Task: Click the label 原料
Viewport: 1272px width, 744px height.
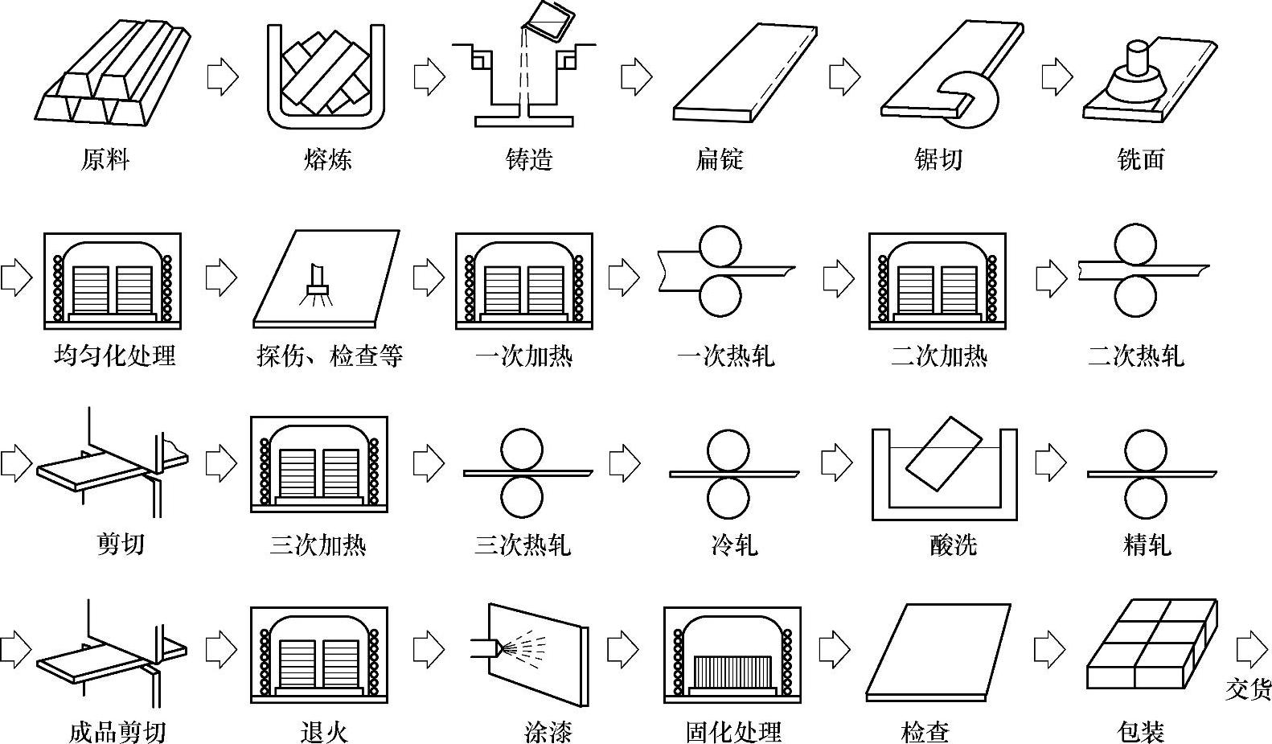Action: click(105, 159)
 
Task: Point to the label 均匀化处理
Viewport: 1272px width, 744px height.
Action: click(114, 355)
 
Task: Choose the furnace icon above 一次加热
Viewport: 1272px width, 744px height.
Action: click(523, 281)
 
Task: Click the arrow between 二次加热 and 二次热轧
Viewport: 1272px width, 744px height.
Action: click(1051, 278)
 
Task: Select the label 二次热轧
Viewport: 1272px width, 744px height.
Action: click(1135, 355)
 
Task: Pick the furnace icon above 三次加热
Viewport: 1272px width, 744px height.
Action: click(318, 464)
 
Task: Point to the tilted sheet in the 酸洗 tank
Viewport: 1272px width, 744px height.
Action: click(944, 453)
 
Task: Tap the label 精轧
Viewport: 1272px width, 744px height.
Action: click(1147, 545)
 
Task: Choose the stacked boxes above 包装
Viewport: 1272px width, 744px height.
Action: click(1151, 644)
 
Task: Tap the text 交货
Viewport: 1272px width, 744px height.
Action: click(1248, 689)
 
